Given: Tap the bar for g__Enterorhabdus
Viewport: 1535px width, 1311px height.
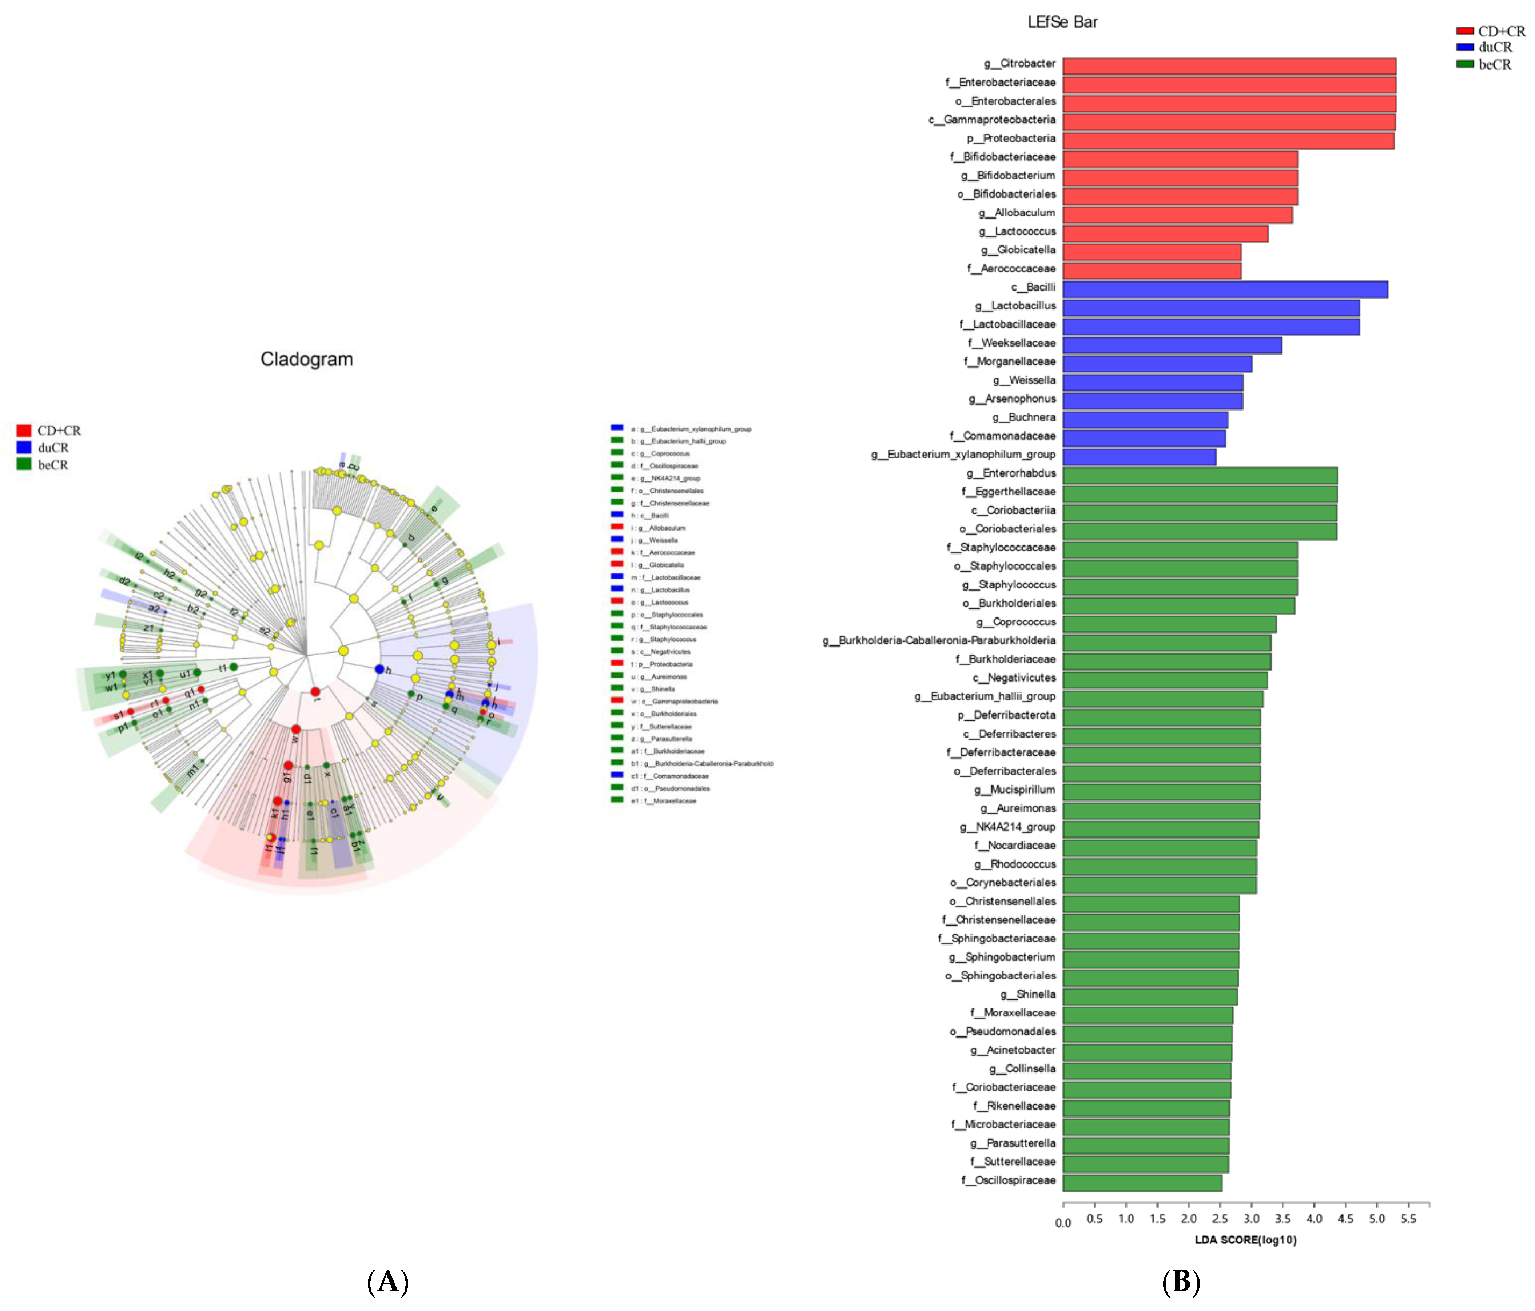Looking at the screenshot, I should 1200,475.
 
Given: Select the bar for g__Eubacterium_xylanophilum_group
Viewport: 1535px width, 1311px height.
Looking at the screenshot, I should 1139,456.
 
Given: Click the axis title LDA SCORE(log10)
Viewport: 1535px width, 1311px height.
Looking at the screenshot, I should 1245,1240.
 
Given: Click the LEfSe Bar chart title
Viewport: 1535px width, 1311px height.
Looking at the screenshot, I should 1062,22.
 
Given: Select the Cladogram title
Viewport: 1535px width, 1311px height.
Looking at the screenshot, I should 307,359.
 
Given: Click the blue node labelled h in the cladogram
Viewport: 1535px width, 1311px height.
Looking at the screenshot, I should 379,669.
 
